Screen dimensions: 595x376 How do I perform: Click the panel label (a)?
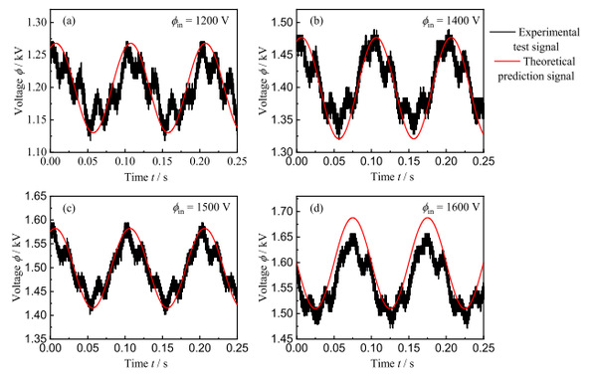[x=69, y=21]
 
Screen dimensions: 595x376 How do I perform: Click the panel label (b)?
[x=316, y=21]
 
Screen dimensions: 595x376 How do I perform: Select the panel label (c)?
[x=69, y=208]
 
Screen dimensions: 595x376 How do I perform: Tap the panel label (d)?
[x=316, y=208]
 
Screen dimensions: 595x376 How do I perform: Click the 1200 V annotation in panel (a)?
[x=200, y=21]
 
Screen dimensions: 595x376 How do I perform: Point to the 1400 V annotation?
[x=451, y=21]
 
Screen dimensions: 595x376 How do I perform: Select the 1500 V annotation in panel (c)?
[x=201, y=208]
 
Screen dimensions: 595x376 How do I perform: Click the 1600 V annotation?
[x=451, y=208]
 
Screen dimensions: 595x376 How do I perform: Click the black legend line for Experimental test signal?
[x=502, y=32]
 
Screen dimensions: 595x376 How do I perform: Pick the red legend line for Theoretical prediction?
[x=507, y=61]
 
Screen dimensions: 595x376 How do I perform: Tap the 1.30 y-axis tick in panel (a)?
[x=37, y=23]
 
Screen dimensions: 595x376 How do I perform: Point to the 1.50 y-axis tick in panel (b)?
[x=282, y=23]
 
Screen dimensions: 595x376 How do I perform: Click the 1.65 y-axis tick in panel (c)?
[x=36, y=197]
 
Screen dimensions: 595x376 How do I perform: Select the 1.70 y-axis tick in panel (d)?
[x=282, y=211]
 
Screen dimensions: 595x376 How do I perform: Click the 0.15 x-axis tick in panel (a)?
[x=163, y=161]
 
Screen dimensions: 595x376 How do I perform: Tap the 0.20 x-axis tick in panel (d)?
[x=446, y=347]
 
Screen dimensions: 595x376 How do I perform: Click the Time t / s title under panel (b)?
[x=392, y=177]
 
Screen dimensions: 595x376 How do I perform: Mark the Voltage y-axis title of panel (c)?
[x=18, y=268]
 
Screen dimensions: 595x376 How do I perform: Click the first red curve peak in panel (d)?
[x=353, y=218]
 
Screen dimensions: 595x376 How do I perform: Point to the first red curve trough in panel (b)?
[x=339, y=139]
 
